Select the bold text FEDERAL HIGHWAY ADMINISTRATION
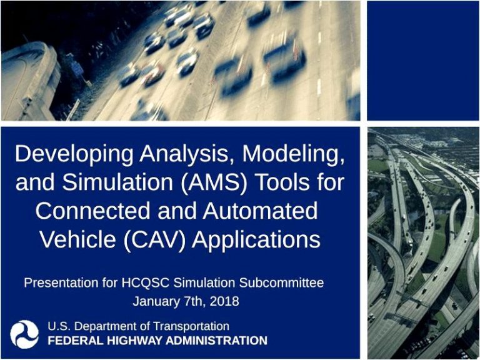[157, 341]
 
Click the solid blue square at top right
[422, 61]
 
